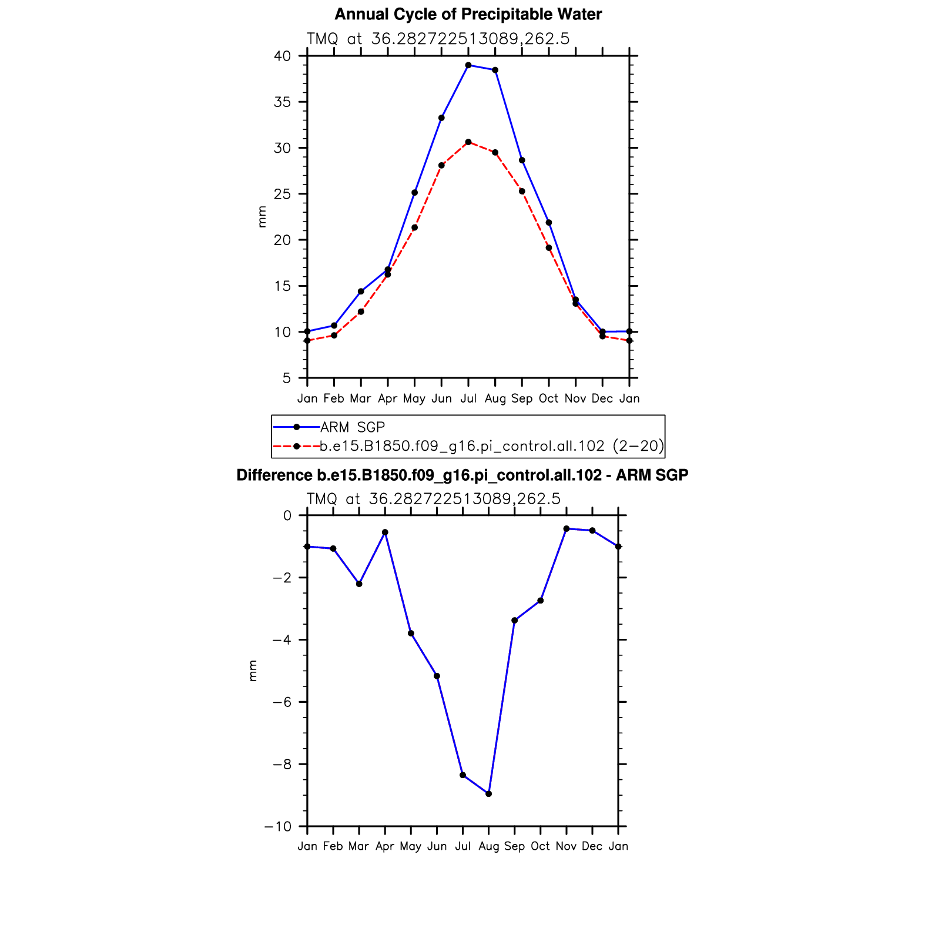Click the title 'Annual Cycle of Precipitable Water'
click(468, 14)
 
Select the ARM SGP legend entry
click(352, 427)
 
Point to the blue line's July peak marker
click(468, 65)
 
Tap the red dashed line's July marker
click(468, 142)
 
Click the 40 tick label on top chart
click(283, 56)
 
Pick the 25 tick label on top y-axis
click(283, 194)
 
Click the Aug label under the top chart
click(495, 399)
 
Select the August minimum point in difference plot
click(489, 794)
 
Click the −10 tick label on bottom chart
click(278, 827)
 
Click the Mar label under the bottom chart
click(358, 846)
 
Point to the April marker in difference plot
click(385, 532)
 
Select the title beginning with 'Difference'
click(462, 475)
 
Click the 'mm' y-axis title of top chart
click(262, 217)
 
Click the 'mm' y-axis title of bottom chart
click(253, 671)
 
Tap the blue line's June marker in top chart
click(441, 118)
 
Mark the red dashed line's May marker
click(415, 227)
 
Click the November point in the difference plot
click(567, 529)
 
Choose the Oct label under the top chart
click(548, 399)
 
